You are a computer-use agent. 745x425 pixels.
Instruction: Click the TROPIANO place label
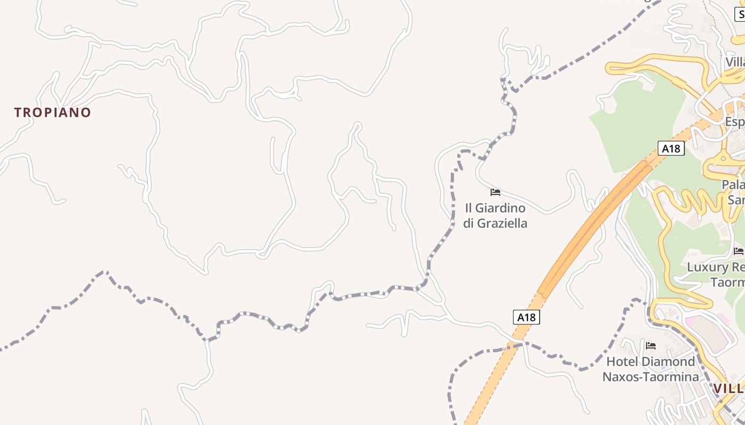[53, 113]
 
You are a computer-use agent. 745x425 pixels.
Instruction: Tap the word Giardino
[502, 208]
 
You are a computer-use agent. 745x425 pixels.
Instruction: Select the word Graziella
[502, 223]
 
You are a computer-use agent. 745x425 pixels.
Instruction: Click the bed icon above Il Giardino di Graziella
[495, 192]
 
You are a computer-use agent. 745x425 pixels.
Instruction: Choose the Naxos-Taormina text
[650, 377]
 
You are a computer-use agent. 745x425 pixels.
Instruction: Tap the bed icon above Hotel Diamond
[650, 346]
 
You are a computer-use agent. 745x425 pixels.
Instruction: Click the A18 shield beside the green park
[671, 148]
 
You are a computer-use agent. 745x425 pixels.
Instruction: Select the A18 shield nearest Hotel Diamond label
[526, 317]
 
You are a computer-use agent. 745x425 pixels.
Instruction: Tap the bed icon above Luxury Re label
[738, 251]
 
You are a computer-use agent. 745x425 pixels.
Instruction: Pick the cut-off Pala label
[733, 185]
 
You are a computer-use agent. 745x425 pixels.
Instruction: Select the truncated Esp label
[735, 122]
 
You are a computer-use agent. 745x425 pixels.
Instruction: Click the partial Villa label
[735, 62]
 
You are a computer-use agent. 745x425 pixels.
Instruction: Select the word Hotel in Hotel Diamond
[623, 362]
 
